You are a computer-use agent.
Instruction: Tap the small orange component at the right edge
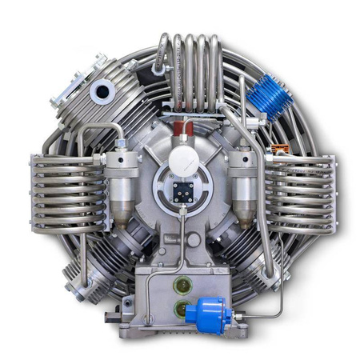pyautogui.click(x=279, y=150)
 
